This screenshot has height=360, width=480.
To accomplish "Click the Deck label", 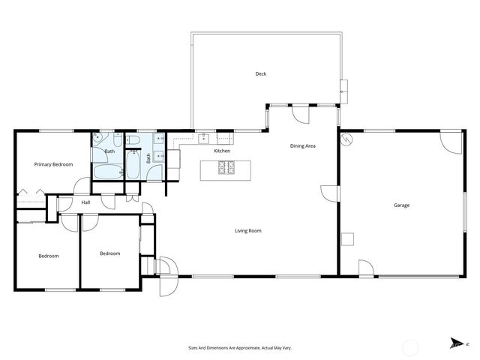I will point(261,73).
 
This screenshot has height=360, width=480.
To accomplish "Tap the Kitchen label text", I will point(222,151).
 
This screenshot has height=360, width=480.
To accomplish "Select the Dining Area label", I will point(302,145).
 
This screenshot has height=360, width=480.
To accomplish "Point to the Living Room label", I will point(248,231).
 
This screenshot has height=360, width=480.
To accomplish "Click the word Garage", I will point(401,205).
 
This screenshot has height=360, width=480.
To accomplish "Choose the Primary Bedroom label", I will point(53,163).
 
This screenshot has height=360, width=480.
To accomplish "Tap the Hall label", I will point(86,202).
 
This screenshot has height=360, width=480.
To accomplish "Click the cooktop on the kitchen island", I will point(226,168).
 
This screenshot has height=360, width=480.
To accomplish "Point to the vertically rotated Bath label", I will point(148,158).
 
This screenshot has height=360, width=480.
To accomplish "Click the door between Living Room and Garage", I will point(330,193).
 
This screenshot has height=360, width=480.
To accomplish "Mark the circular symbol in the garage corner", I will point(346,139).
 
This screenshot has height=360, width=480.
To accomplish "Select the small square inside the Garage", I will point(348,240).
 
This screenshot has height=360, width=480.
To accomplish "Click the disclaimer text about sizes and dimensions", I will point(240,348).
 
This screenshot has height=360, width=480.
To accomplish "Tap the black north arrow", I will point(454,344).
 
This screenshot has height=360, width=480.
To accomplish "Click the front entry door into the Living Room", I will point(166,267).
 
